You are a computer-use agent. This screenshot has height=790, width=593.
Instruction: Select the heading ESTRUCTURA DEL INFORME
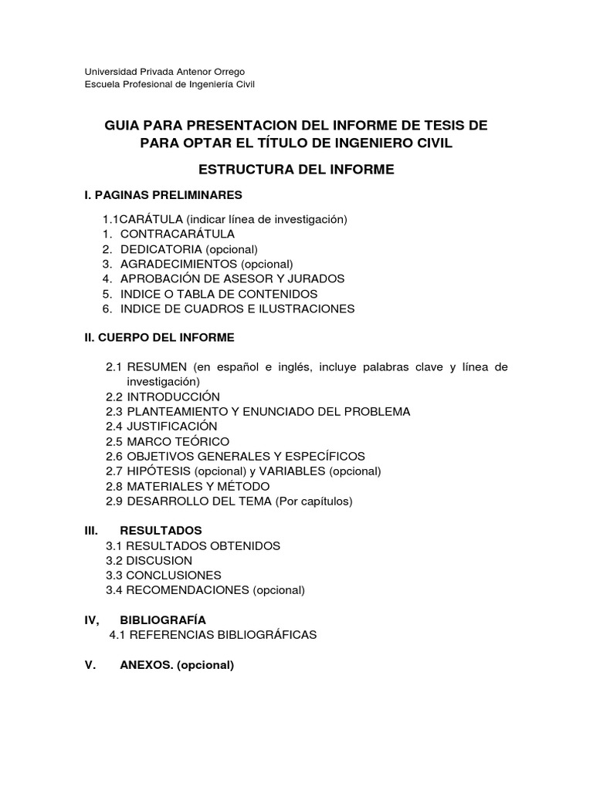click(x=296, y=169)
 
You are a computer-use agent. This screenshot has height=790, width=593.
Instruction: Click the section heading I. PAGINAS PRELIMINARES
click(x=164, y=194)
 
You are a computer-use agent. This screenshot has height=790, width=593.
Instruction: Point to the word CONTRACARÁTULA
click(x=178, y=234)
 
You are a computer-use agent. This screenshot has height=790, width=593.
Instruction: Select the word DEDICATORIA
click(x=161, y=249)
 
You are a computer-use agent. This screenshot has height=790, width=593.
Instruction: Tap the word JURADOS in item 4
click(x=315, y=279)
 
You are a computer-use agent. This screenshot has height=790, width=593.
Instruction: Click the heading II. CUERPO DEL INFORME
click(x=160, y=337)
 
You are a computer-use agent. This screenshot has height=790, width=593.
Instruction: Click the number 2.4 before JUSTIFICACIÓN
click(x=114, y=426)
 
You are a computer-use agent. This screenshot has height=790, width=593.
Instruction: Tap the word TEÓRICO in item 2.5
click(x=202, y=441)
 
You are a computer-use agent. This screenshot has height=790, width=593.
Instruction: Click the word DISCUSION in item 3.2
click(x=160, y=561)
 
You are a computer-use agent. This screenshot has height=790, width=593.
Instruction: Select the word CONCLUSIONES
click(x=174, y=576)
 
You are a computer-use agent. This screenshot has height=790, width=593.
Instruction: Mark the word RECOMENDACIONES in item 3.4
click(x=188, y=590)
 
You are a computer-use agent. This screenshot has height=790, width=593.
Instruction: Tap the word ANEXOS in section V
click(x=146, y=665)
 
